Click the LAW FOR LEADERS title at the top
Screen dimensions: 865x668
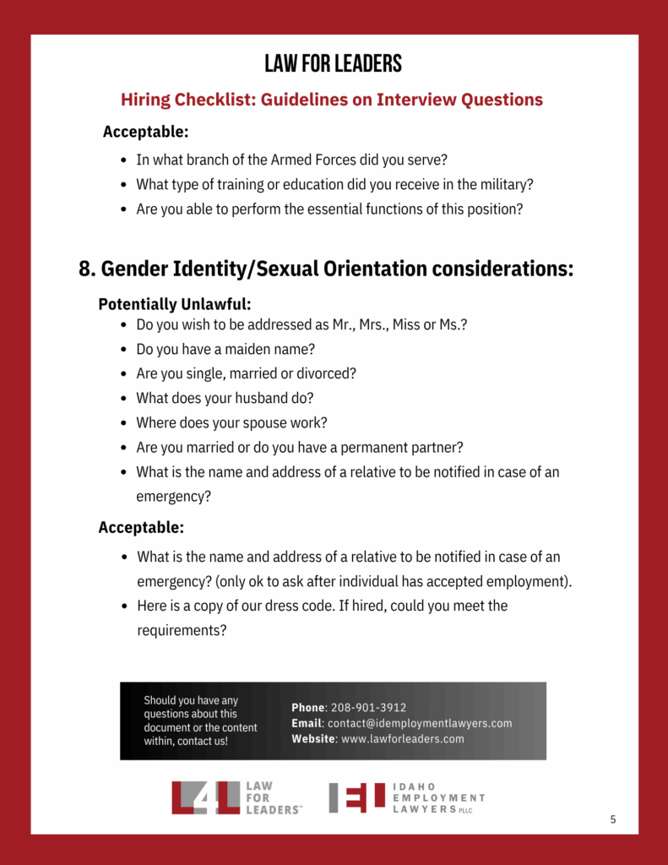click(x=333, y=63)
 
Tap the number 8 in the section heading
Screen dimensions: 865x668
click(x=85, y=269)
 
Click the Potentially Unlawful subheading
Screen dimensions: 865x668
click(x=175, y=304)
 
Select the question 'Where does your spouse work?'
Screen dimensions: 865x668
click(x=231, y=422)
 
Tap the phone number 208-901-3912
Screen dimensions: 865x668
click(x=368, y=708)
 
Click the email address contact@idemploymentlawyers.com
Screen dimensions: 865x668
click(x=420, y=723)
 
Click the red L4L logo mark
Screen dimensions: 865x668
click(x=206, y=797)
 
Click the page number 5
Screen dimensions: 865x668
click(x=613, y=819)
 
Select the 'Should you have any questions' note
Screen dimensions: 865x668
click(x=200, y=721)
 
